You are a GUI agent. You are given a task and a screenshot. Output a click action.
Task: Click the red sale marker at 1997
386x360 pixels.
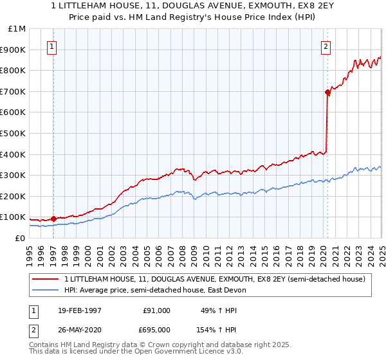54,219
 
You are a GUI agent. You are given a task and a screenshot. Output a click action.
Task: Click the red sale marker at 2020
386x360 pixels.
327,93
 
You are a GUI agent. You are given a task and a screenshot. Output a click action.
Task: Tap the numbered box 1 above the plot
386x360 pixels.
51,46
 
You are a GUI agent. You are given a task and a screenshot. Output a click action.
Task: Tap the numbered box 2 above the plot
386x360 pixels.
326,46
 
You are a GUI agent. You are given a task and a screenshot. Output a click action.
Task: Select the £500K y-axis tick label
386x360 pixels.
14,133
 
